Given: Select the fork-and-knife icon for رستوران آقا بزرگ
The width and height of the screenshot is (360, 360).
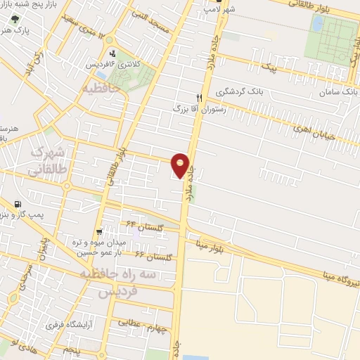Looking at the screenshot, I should click(200, 98).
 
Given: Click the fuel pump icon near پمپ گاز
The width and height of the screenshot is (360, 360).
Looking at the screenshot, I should click(16, 205).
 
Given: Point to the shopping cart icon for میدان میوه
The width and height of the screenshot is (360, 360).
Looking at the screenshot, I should click(99, 231).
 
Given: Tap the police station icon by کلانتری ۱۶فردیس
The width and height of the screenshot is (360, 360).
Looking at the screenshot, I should click(112, 53).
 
